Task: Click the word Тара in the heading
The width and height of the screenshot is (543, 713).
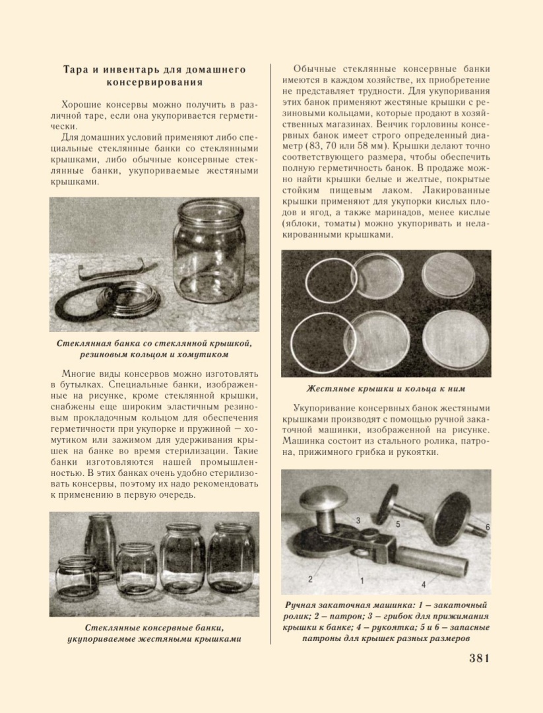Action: click(78, 69)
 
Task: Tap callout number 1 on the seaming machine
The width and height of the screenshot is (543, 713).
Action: click(362, 581)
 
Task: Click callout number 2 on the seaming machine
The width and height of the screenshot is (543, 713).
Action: click(310, 579)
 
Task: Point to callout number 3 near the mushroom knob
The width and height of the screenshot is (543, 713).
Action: click(358, 520)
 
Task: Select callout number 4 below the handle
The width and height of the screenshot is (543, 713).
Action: click(424, 585)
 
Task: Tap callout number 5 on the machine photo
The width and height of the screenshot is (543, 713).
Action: click(398, 524)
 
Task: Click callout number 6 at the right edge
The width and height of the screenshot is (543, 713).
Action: click(487, 527)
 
